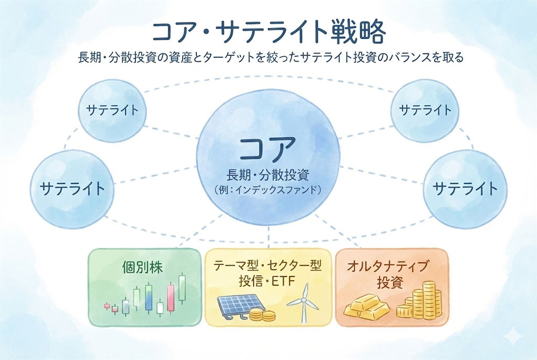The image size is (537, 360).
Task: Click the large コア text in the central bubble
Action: pos(268,149)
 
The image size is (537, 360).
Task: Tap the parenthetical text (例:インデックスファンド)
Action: pos(268,190)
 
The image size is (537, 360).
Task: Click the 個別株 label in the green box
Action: pos(142,268)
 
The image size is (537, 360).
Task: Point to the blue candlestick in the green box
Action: pos(149,297)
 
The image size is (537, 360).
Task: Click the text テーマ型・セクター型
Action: pos(267,266)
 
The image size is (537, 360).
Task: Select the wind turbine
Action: pos(302,307)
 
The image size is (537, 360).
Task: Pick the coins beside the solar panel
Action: pos(262,314)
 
